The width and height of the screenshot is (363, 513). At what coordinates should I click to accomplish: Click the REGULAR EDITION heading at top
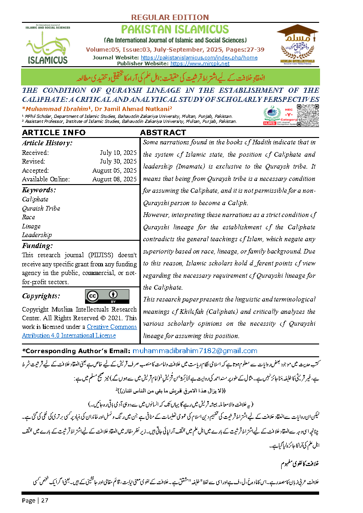pyautogui.click(x=170, y=17)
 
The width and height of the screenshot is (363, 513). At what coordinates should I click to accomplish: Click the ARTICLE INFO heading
pyautogui.click(x=53, y=132)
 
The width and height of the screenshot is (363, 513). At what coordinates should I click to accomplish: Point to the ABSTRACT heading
pyautogui.click(x=163, y=132)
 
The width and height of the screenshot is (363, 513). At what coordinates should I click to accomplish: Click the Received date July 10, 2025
pyautogui.click(x=118, y=153)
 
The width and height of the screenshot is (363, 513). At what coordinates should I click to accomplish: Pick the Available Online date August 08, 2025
pyautogui.click(x=114, y=179)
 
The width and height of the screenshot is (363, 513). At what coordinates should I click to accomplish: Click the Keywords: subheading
pyautogui.click(x=39, y=190)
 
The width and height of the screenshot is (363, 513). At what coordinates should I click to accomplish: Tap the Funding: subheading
pyautogui.click(x=37, y=246)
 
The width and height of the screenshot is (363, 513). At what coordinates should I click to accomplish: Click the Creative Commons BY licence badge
pyautogui.click(x=107, y=296)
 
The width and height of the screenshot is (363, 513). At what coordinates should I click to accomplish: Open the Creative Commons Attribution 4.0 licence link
pyautogui.click(x=79, y=331)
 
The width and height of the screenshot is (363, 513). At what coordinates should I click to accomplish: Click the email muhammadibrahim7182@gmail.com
pyautogui.click(x=195, y=351)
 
